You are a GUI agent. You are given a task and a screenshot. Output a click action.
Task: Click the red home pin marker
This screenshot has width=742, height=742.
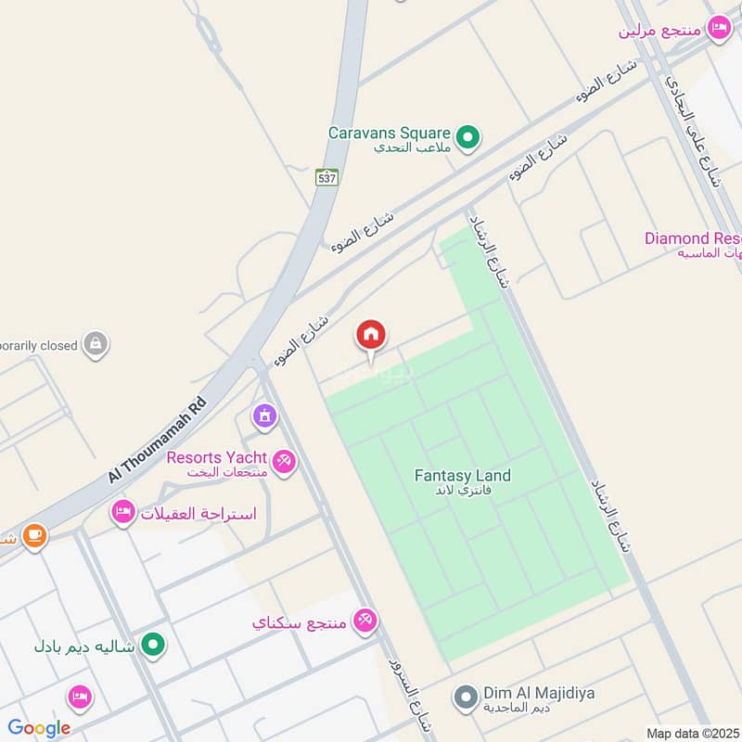coord(371,336)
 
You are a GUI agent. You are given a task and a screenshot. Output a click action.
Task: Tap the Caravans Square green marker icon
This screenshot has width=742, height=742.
coord(468,138)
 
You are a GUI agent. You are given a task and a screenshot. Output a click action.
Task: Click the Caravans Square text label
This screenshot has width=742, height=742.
coord(389,133)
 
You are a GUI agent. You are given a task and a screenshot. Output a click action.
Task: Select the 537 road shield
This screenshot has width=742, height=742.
coord(326,177)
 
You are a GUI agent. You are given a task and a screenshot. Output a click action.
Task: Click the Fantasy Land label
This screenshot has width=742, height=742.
coord(462,476)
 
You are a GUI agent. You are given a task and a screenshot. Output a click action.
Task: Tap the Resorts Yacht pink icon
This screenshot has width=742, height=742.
coord(284,460)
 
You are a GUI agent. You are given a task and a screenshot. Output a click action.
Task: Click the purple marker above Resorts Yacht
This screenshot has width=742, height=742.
coord(264,416)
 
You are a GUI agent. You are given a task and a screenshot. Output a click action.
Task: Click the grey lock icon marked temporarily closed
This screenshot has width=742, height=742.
coord(95,345)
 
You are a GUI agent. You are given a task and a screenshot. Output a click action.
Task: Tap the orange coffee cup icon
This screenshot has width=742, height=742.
coord(34,536)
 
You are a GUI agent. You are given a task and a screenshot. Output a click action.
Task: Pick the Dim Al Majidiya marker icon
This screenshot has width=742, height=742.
coord(466,695)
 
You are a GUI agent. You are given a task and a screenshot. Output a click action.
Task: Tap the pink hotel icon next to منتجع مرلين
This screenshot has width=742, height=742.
coord(718,29)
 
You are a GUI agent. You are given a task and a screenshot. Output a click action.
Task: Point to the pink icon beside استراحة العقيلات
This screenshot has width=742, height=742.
coord(122,512)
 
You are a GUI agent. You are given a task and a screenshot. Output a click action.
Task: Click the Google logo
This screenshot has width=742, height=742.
coord(39,728)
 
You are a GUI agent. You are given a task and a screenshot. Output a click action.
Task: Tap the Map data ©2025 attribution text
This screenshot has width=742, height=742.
coord(691,733)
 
